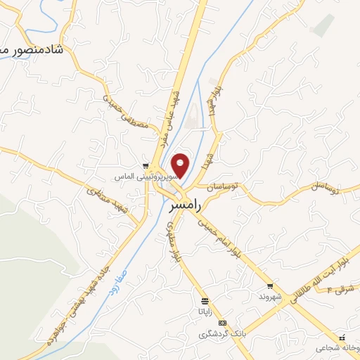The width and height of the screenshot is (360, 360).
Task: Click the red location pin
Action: click(181, 165)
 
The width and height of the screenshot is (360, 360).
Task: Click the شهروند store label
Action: click(269, 297)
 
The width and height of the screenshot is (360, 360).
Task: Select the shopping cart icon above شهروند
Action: click(269, 286)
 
